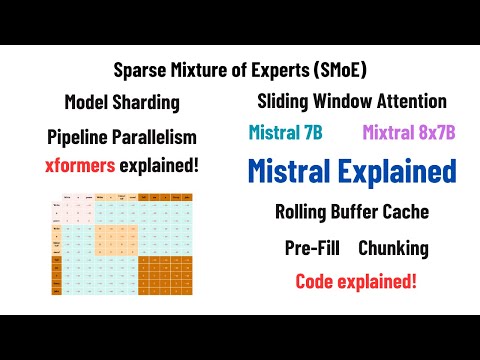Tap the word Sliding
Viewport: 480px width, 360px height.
tap(286, 101)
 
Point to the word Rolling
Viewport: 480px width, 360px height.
tap(304, 211)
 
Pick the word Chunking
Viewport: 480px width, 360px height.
tap(394, 247)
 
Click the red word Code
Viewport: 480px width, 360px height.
tap(317, 281)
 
